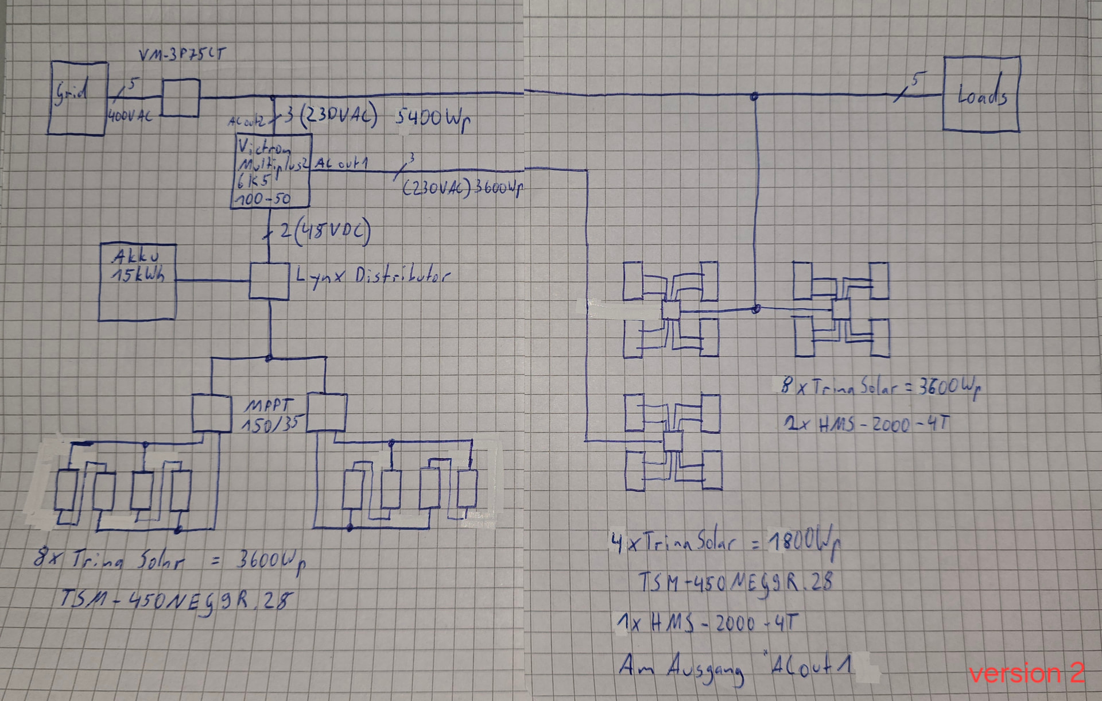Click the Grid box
click(77, 98)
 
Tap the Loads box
click(981, 94)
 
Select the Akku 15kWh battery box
click(137, 282)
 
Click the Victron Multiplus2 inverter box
click(271, 171)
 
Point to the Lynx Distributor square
click(269, 281)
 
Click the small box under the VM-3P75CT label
click(181, 98)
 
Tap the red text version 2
click(1026, 672)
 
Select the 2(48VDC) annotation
click(325, 231)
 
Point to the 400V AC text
click(130, 116)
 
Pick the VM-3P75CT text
click(183, 55)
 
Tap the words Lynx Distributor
click(372, 276)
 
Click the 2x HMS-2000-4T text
click(867, 424)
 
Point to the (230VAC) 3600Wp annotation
click(462, 188)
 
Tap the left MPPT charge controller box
click(211, 413)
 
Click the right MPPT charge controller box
click(327, 412)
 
